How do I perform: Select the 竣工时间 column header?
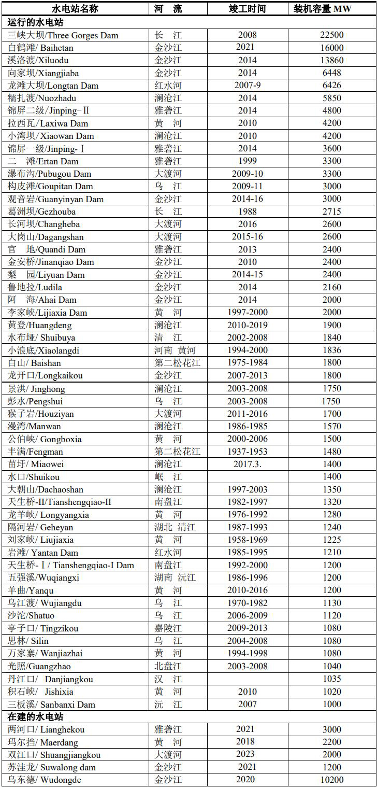[x=248, y=9]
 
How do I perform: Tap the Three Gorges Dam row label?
[x=63, y=35]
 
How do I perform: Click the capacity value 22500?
[x=332, y=35]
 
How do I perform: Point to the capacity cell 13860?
[x=332, y=60]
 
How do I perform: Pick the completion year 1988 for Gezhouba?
[x=248, y=212]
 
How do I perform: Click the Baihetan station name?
[x=41, y=48]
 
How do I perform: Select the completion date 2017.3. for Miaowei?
[x=248, y=464]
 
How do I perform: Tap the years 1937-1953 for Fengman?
[x=248, y=452]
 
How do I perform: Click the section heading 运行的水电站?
[x=36, y=22]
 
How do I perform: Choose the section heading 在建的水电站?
[x=36, y=717]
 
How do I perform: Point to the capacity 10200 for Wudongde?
[x=332, y=780]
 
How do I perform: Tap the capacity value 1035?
[x=332, y=679]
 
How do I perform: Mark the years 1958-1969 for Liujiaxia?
[x=248, y=540]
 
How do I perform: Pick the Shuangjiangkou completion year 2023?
[x=248, y=754]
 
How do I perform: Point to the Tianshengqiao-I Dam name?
[x=71, y=565]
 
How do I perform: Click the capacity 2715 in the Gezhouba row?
[x=332, y=212]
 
